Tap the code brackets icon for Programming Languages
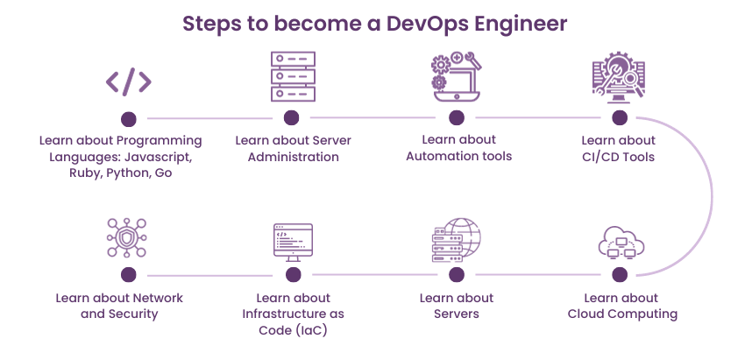click(129, 81)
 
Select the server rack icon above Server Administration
click(292, 76)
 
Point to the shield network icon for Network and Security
click(129, 239)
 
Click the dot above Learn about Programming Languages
click(129, 118)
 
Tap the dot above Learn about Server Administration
click(292, 117)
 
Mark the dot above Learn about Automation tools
click(456, 117)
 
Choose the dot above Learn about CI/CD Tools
click(620, 117)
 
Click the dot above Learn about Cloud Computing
click(620, 275)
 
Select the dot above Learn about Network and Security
click(129, 275)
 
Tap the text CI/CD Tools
click(619, 157)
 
